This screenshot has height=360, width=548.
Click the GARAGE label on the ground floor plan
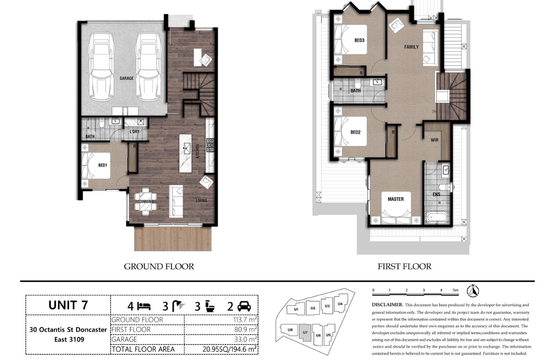point(126,78)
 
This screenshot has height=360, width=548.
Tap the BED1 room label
point(103,165)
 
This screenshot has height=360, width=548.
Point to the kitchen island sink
point(187,148)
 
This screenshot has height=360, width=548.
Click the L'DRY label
point(135,132)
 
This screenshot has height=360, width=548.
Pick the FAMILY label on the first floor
point(411,47)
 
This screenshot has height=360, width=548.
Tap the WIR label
point(435,140)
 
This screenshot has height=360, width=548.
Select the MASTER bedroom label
point(396,199)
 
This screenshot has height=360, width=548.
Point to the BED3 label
point(359,40)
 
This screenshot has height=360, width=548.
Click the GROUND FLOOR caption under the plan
point(159,266)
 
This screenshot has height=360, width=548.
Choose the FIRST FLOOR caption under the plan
point(405,266)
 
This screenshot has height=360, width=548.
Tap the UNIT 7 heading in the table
point(68,305)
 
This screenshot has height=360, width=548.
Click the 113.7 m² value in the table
point(245,319)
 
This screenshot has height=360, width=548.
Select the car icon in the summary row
point(244,306)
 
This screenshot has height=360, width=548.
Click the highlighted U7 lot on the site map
point(305,333)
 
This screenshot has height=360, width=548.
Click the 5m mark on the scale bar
point(456,290)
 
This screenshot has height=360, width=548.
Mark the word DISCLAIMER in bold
point(387,305)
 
